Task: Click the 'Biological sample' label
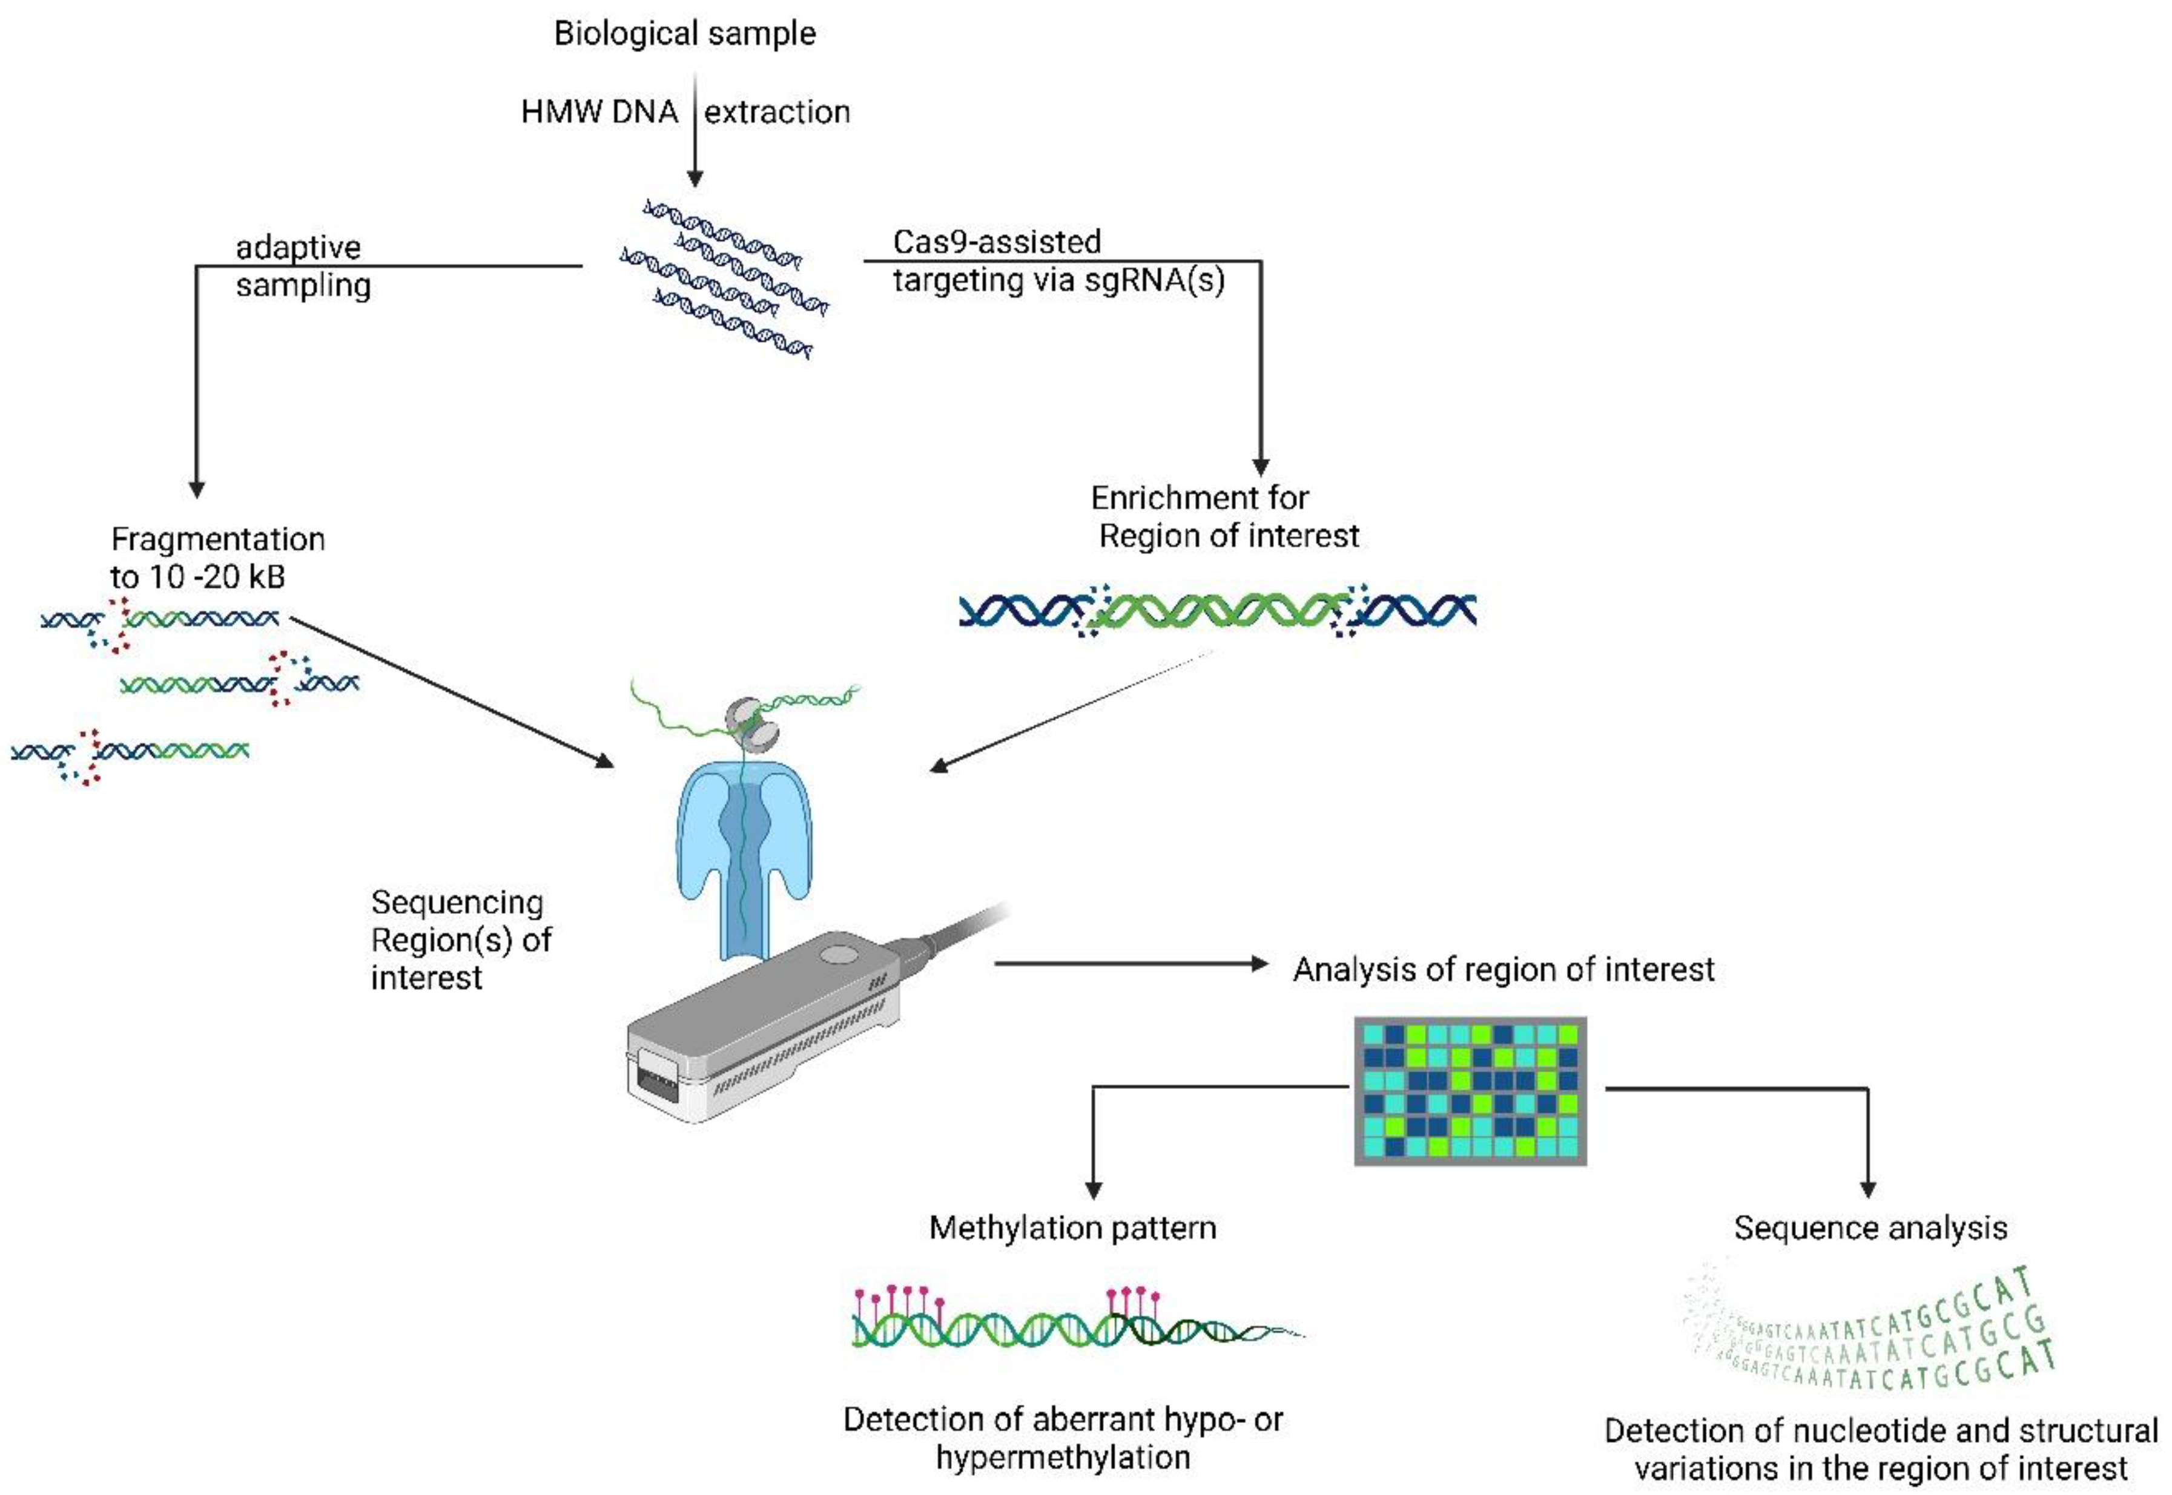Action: (x=684, y=34)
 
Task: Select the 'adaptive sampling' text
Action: (x=302, y=266)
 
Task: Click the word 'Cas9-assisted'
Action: (x=996, y=241)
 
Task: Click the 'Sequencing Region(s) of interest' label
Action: (x=459, y=939)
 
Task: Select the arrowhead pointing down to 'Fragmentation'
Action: (x=197, y=489)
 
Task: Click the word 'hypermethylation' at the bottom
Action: (x=1063, y=1457)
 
